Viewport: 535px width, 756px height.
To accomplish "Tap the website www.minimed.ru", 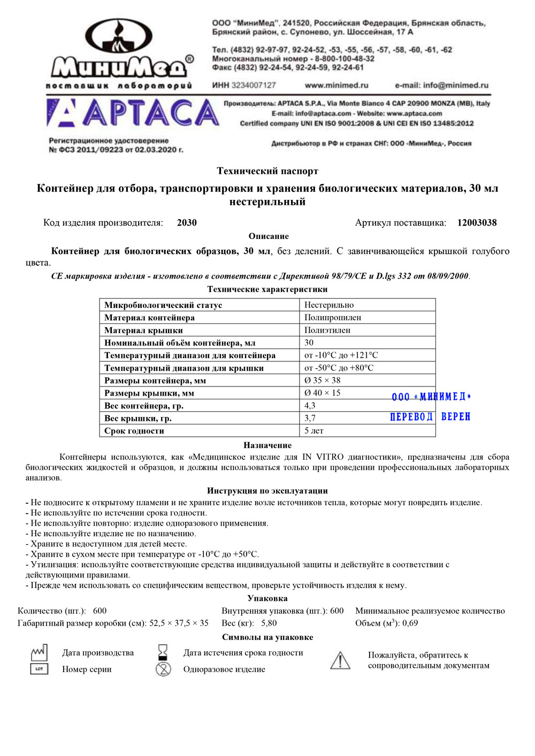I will (x=337, y=85).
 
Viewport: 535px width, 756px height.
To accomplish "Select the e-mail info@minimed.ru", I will (x=441, y=85).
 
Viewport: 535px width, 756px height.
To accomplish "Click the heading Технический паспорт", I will (x=267, y=171).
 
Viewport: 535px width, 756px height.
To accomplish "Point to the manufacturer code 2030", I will (x=187, y=223).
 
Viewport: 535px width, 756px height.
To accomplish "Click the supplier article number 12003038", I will (x=477, y=223).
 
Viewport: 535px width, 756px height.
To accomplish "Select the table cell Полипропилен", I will (x=333, y=318).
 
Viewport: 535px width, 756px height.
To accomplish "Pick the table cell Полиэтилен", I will (x=327, y=330).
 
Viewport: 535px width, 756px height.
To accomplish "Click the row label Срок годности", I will (x=134, y=431).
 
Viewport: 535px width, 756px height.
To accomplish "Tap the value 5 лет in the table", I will (x=314, y=431).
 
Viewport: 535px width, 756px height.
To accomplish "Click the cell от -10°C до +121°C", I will (x=341, y=355).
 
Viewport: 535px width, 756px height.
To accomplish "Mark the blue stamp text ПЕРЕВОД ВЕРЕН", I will (x=430, y=417).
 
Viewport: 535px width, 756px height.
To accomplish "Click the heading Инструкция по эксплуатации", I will (x=267, y=491).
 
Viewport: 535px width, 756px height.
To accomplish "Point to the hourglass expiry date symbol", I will (x=163, y=652).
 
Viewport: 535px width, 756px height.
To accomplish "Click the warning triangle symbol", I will (x=340, y=660).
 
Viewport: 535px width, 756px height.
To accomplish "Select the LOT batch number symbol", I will (x=39, y=669).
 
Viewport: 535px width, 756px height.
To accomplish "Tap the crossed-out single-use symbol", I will (x=163, y=669).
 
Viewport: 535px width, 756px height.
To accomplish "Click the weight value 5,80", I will (x=269, y=623).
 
